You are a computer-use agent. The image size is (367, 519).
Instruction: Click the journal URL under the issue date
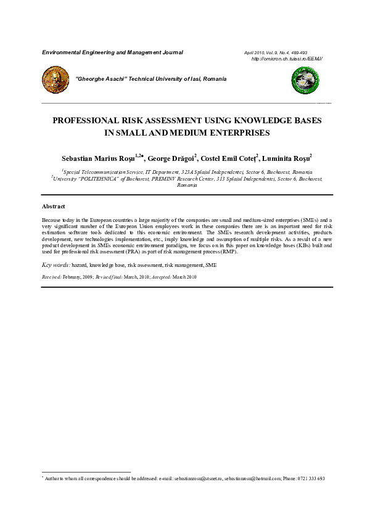coord(287,59)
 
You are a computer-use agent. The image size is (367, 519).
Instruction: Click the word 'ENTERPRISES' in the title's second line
coord(236,133)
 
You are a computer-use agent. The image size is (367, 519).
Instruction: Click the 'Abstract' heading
coord(53,206)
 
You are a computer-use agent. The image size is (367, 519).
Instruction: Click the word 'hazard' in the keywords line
coord(79,264)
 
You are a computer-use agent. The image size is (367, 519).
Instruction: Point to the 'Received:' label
coord(52,277)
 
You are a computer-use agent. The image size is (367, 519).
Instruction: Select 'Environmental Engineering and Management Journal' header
coord(112,52)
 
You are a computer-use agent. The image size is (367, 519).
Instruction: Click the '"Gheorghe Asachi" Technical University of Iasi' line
coord(151,79)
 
